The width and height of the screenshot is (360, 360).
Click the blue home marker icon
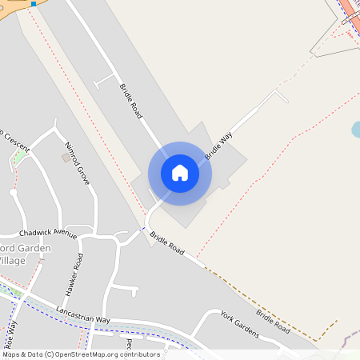click(179, 173)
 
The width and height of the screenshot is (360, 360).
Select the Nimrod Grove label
click(78, 162)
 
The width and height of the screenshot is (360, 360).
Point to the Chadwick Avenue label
click(48, 234)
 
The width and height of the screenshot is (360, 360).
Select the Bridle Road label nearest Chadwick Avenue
click(167, 245)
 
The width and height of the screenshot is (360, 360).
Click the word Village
click(12, 261)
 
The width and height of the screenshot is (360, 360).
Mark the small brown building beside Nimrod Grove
click(66, 158)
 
